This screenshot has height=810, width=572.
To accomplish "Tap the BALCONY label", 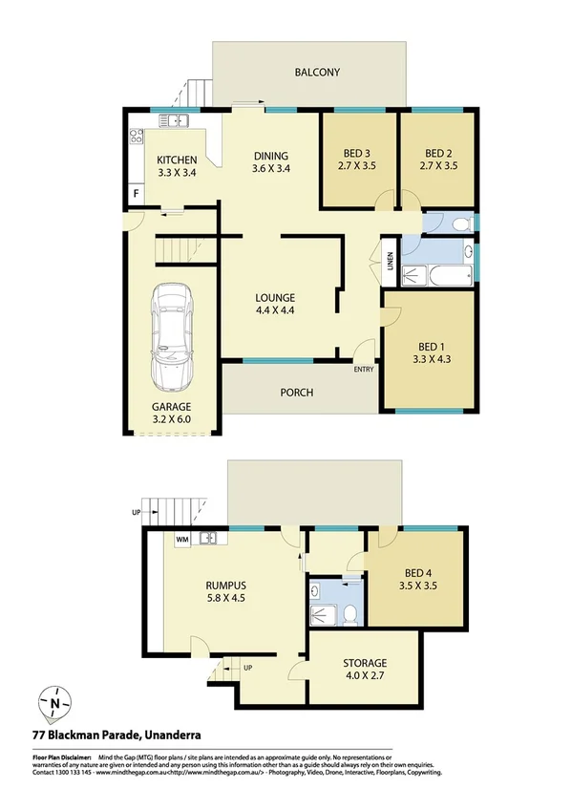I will click(x=317, y=72).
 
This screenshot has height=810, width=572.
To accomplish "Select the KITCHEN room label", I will click(x=177, y=160).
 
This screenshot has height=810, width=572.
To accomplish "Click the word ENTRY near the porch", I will click(x=364, y=370).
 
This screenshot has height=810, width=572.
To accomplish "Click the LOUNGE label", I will click(x=276, y=297).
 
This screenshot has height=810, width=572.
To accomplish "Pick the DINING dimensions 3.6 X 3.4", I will click(x=270, y=169).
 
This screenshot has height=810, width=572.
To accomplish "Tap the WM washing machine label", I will click(x=181, y=539).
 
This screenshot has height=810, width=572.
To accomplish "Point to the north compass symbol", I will click(x=57, y=705).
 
